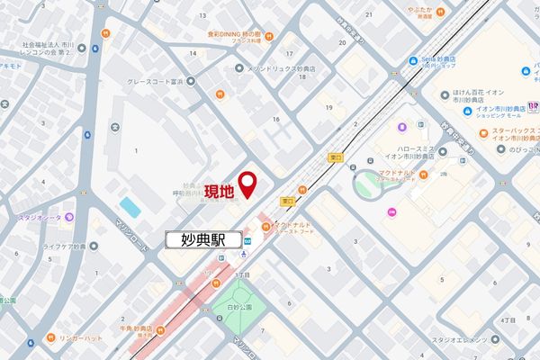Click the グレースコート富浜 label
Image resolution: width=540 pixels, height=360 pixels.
click(180, 79)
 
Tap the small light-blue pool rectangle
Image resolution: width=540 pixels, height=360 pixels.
click(130, 208)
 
